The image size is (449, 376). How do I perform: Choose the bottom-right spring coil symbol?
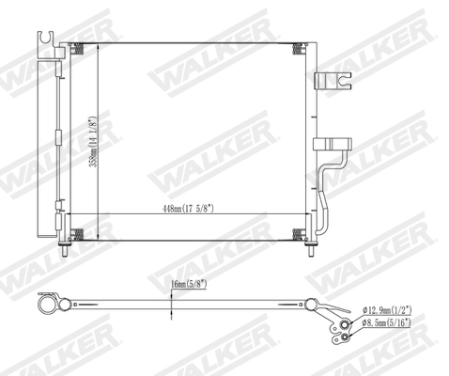pos(298,231)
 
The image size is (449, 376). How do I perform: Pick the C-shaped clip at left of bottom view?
pos(48,303)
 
